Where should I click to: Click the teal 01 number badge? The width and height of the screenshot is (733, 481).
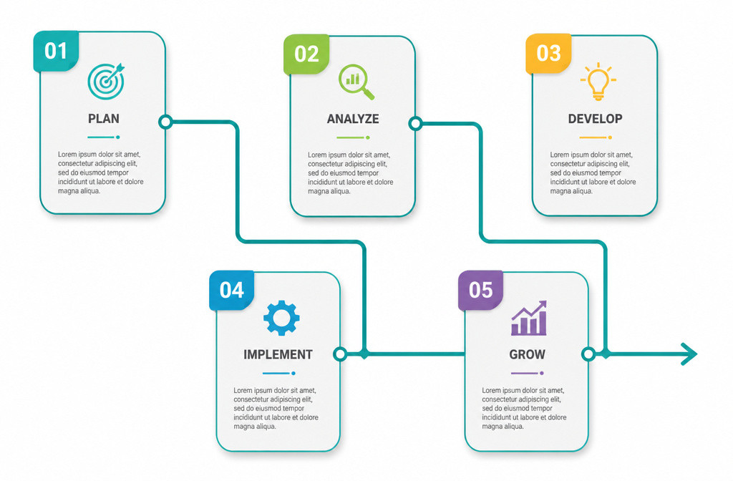click(56, 52)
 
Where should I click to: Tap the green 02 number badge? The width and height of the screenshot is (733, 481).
click(306, 54)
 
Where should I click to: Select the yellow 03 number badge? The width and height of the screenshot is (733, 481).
click(548, 54)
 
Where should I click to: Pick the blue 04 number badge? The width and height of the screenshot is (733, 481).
click(232, 291)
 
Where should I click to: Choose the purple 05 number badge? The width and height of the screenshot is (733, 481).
click(480, 291)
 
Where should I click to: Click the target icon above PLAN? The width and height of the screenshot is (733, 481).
click(106, 81)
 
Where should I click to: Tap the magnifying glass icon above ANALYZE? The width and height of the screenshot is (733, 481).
click(356, 82)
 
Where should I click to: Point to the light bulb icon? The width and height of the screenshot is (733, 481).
click(598, 82)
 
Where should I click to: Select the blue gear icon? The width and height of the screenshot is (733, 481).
click(281, 318)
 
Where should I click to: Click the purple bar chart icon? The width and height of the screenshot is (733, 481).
click(529, 318)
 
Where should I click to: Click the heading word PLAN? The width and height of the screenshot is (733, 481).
click(104, 119)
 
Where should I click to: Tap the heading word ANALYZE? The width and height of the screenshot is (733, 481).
click(353, 120)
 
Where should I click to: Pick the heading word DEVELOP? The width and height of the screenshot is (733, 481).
click(595, 119)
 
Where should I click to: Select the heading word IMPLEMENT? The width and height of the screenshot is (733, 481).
click(278, 355)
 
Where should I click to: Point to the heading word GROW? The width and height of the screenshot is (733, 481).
click(528, 355)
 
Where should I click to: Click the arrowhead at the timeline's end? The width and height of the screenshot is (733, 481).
click(690, 354)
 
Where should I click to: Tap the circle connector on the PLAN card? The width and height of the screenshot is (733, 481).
click(165, 122)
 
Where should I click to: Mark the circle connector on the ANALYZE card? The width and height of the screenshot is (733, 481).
click(415, 123)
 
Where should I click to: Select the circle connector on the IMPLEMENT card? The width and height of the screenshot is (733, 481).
click(340, 354)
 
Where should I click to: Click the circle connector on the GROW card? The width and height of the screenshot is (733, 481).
click(588, 354)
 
